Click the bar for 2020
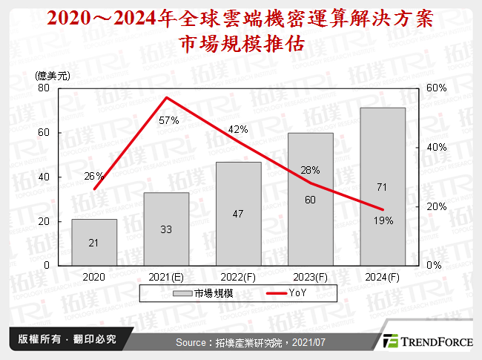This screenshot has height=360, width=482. (94, 242)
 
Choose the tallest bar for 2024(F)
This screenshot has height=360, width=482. (383, 186)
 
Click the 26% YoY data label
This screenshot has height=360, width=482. (94, 176)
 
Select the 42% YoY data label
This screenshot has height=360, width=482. (238, 129)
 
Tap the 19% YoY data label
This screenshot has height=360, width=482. (383, 220)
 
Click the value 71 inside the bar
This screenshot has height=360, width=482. (383, 186)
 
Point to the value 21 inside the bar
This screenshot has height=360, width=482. (94, 242)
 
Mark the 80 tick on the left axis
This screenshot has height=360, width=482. (44, 88)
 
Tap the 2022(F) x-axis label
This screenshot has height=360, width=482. (238, 276)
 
